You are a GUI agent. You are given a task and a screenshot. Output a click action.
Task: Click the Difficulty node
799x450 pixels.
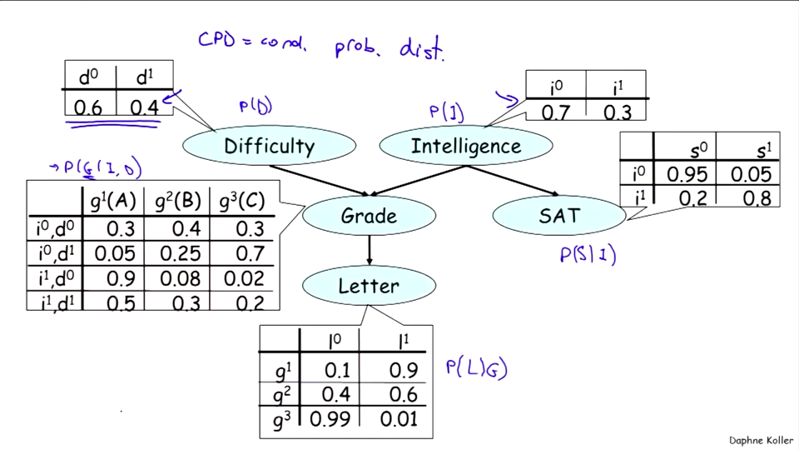[268, 147]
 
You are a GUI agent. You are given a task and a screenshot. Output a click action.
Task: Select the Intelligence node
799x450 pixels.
[465, 147]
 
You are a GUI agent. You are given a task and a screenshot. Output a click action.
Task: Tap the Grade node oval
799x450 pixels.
[369, 216]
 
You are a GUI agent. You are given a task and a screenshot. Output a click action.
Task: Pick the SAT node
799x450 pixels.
[558, 216]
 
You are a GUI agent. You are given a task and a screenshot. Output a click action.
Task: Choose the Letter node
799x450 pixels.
[369, 286]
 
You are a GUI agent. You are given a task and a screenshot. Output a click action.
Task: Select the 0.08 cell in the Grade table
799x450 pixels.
[180, 278]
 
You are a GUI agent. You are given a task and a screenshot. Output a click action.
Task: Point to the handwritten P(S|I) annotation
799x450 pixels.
[588, 254]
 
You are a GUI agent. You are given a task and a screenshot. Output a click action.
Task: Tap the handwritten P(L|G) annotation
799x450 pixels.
[476, 367]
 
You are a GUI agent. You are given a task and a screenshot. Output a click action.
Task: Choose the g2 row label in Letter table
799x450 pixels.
[282, 394]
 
